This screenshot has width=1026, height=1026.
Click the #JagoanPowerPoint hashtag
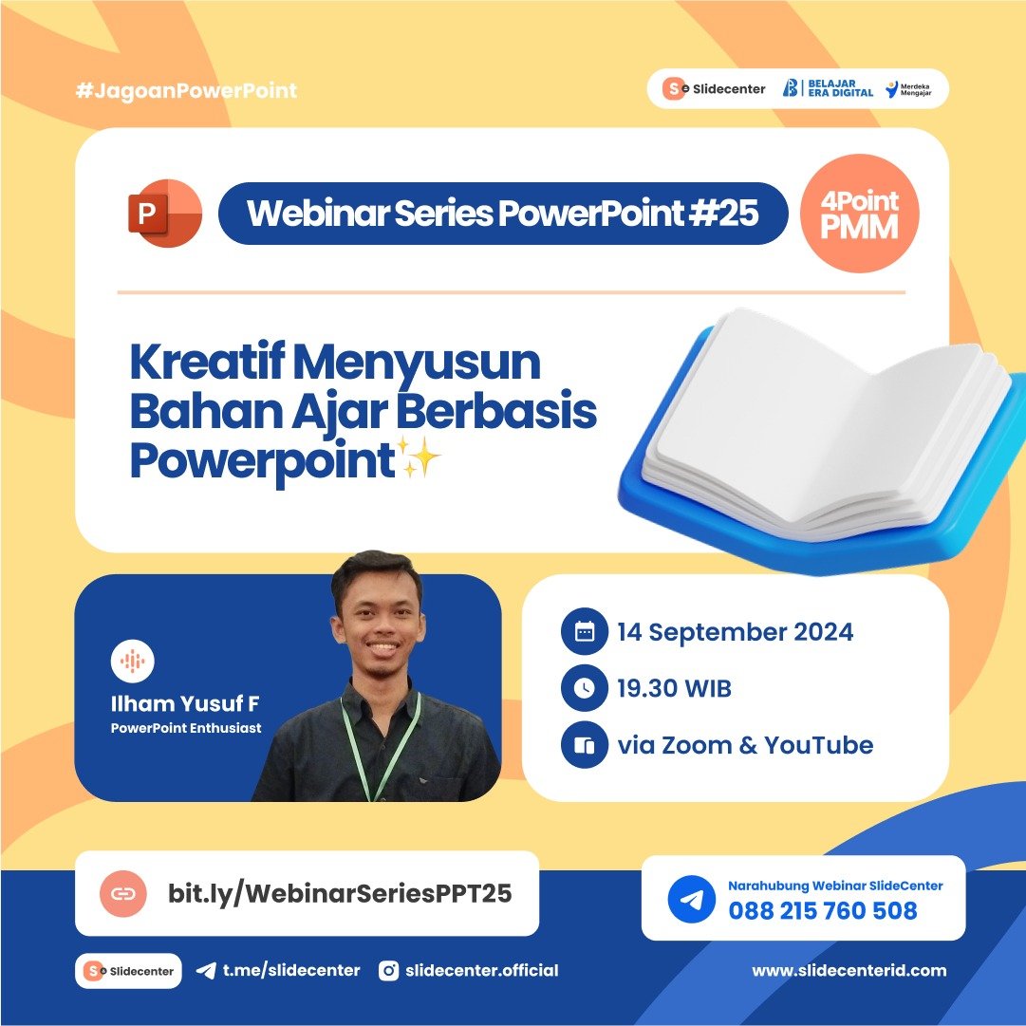[x=186, y=91]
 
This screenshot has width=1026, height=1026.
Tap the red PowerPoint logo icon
[x=163, y=214]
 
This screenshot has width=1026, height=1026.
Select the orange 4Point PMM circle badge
[x=861, y=214]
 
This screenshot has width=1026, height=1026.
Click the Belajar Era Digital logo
[x=827, y=89]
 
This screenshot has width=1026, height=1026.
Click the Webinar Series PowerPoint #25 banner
[x=503, y=214]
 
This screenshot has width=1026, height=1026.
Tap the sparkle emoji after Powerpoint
[x=420, y=462]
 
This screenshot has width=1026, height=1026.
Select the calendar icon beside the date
[x=584, y=632]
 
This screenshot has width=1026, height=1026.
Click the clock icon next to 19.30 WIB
[x=584, y=689]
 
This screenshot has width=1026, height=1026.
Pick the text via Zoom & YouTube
[x=744, y=745]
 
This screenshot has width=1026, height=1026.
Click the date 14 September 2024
[x=735, y=632]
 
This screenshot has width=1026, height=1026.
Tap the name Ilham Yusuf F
[x=185, y=704]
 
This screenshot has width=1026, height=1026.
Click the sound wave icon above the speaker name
[x=133, y=662]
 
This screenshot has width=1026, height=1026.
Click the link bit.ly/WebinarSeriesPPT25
[x=340, y=893]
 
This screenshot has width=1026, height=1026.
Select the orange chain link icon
[x=123, y=893]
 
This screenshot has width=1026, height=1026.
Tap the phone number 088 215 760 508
[x=823, y=911]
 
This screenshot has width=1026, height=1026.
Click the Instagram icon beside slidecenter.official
[x=388, y=970]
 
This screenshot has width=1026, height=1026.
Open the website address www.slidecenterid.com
[x=849, y=970]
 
